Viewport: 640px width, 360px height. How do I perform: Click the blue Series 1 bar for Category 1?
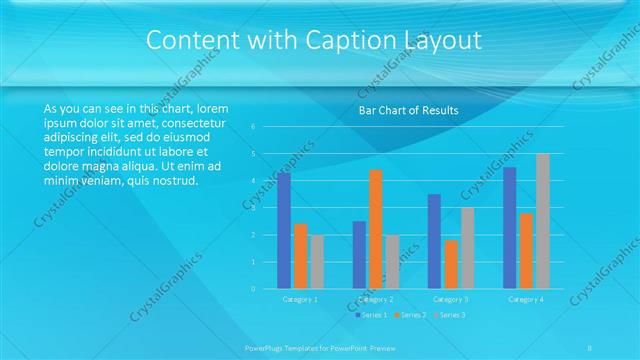tap(284, 231)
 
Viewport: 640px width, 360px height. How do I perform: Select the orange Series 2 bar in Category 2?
tap(376, 229)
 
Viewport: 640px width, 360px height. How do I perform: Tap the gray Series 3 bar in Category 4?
tap(543, 221)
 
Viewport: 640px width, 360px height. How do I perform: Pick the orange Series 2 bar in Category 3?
tap(451, 264)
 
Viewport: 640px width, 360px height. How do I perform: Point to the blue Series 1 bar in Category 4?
tap(510, 228)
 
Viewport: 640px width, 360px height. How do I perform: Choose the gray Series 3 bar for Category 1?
tap(317, 262)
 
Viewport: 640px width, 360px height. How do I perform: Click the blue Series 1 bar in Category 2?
tap(359, 255)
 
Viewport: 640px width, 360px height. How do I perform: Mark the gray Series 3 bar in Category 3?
tap(468, 248)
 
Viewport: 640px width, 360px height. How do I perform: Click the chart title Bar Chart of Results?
tap(408, 111)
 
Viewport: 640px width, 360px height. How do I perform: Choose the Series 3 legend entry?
tap(448, 315)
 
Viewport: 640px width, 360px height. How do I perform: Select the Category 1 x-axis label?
tap(300, 299)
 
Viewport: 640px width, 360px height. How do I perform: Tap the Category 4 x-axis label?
tap(526, 299)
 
